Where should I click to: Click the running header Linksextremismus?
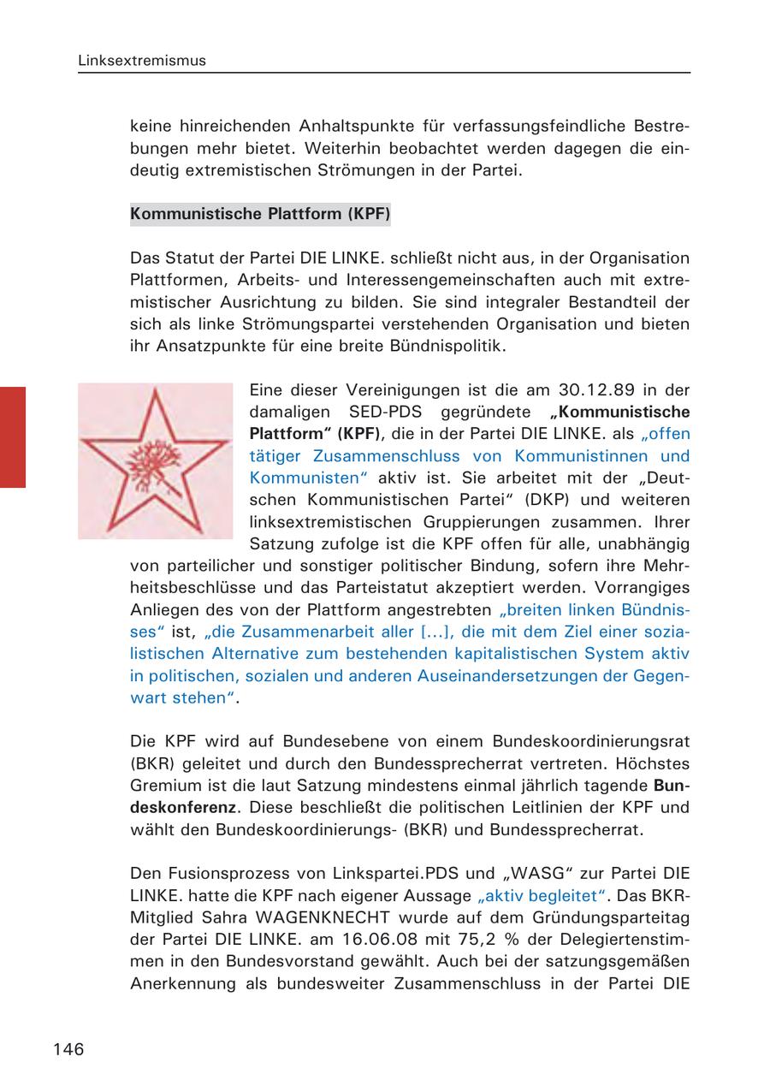click(x=141, y=62)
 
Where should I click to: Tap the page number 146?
click(x=68, y=1049)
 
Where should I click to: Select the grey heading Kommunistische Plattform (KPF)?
click(x=260, y=214)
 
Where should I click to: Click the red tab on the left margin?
click(x=13, y=436)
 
